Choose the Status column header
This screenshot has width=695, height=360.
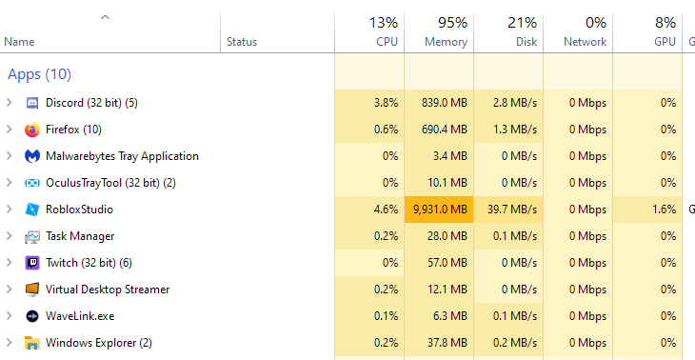pos(242,42)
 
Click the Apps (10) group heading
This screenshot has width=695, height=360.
pos(39,74)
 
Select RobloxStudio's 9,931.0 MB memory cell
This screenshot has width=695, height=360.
pos(439,210)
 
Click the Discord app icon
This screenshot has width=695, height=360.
pos(32,103)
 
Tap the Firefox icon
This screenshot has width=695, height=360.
pos(32,130)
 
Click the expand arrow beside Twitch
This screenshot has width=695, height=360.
pos(10,263)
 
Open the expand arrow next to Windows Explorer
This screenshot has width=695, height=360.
pos(10,343)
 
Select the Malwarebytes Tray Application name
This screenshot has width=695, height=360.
pos(122,156)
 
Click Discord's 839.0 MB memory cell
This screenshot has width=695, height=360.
pos(439,103)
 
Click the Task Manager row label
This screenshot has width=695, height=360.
pos(79,236)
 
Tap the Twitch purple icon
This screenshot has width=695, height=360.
pos(32,263)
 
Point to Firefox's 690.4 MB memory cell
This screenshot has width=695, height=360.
pos(439,130)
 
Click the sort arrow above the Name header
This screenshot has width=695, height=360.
pos(105,17)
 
